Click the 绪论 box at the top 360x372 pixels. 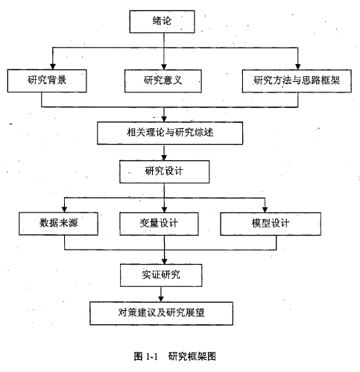coord(162,22)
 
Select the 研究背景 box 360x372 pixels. coord(47,81)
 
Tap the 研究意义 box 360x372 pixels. coord(163,81)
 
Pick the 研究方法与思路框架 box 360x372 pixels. coord(297,81)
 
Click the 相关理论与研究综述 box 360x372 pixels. coord(170,133)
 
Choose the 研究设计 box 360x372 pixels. coord(164,171)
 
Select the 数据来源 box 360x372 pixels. coord(58,224)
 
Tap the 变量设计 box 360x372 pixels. coord(159,224)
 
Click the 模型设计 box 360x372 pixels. coord(271,224)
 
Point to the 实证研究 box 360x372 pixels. coord(161,275)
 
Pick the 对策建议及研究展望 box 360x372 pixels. coord(161,313)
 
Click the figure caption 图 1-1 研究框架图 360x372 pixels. coord(174,356)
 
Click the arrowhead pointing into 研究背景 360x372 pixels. coord(53,66)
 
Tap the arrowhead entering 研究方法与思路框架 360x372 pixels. coord(298,66)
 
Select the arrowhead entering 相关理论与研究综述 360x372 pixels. coord(164,119)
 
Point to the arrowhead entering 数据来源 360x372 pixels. coord(64,209)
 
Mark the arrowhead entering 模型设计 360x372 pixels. coord(265,209)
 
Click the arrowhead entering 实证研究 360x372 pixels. coord(164,261)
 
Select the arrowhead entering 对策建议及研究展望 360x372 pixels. coord(161,299)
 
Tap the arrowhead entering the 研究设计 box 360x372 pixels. coord(164,157)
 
